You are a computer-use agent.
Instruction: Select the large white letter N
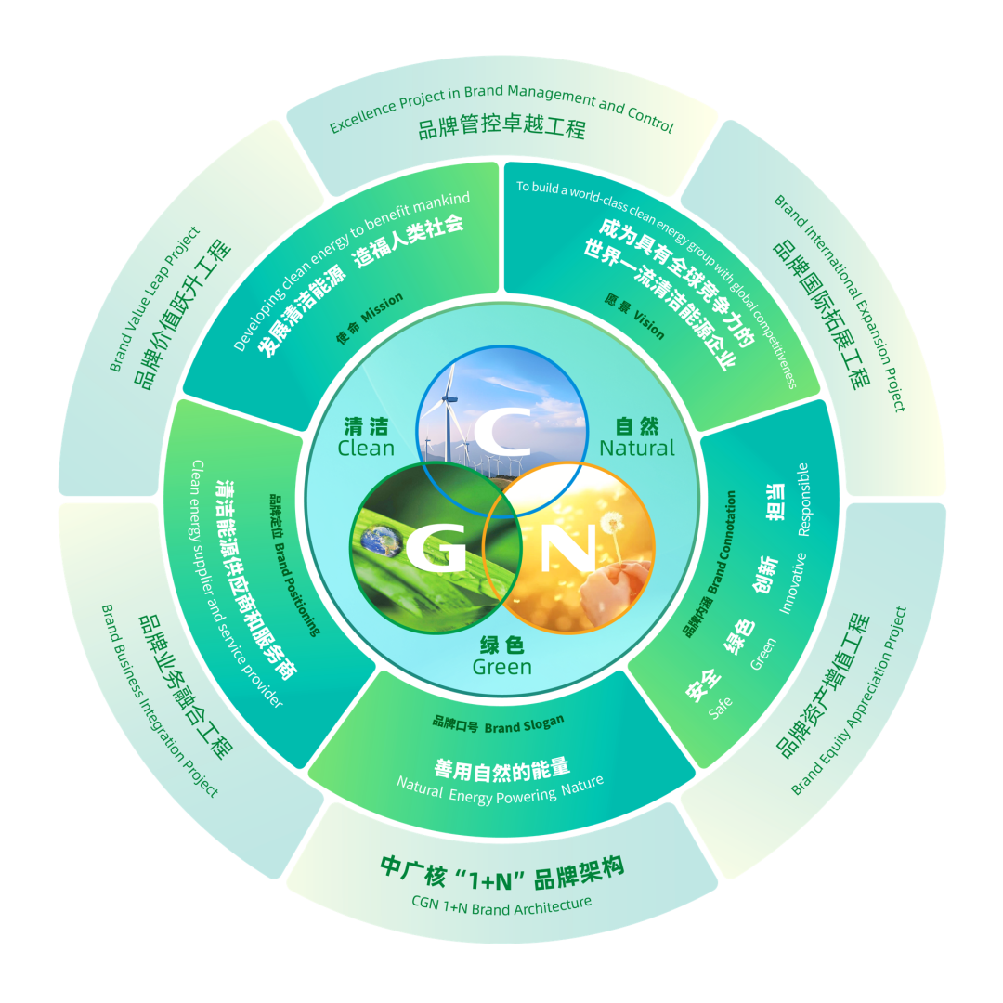click(567, 549)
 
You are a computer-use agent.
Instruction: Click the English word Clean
click(366, 449)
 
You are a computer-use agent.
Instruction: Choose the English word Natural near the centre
click(637, 449)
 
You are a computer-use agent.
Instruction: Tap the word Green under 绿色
click(501, 668)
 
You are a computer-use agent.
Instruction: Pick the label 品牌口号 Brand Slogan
click(498, 723)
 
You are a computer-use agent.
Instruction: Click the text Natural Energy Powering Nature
click(501, 790)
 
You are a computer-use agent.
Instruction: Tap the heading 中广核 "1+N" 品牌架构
click(501, 869)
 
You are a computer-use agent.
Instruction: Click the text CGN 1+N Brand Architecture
click(501, 905)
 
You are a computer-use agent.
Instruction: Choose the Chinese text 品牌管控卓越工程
click(501, 128)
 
